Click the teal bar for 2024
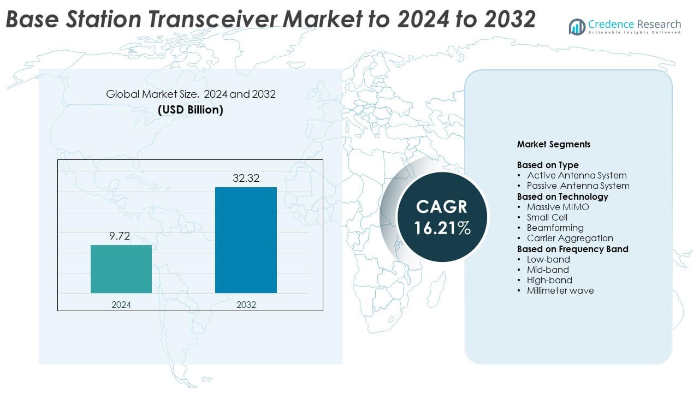tap(121, 269)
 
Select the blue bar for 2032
tap(246, 240)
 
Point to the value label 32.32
tap(246, 177)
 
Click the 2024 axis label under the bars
tap(121, 305)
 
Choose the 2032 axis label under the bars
tap(246, 305)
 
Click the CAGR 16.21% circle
tap(442, 217)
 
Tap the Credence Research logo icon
tap(577, 26)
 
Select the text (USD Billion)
tap(191, 110)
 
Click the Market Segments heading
tap(553, 145)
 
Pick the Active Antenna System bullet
tap(577, 175)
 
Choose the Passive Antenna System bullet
tap(578, 186)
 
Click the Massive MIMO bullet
tap(558, 207)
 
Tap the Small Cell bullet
tap(547, 217)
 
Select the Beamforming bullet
tap(555, 228)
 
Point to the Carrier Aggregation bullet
tap(570, 238)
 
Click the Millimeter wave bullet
tap(560, 290)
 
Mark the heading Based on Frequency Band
tap(572, 249)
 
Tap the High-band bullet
tap(549, 280)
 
